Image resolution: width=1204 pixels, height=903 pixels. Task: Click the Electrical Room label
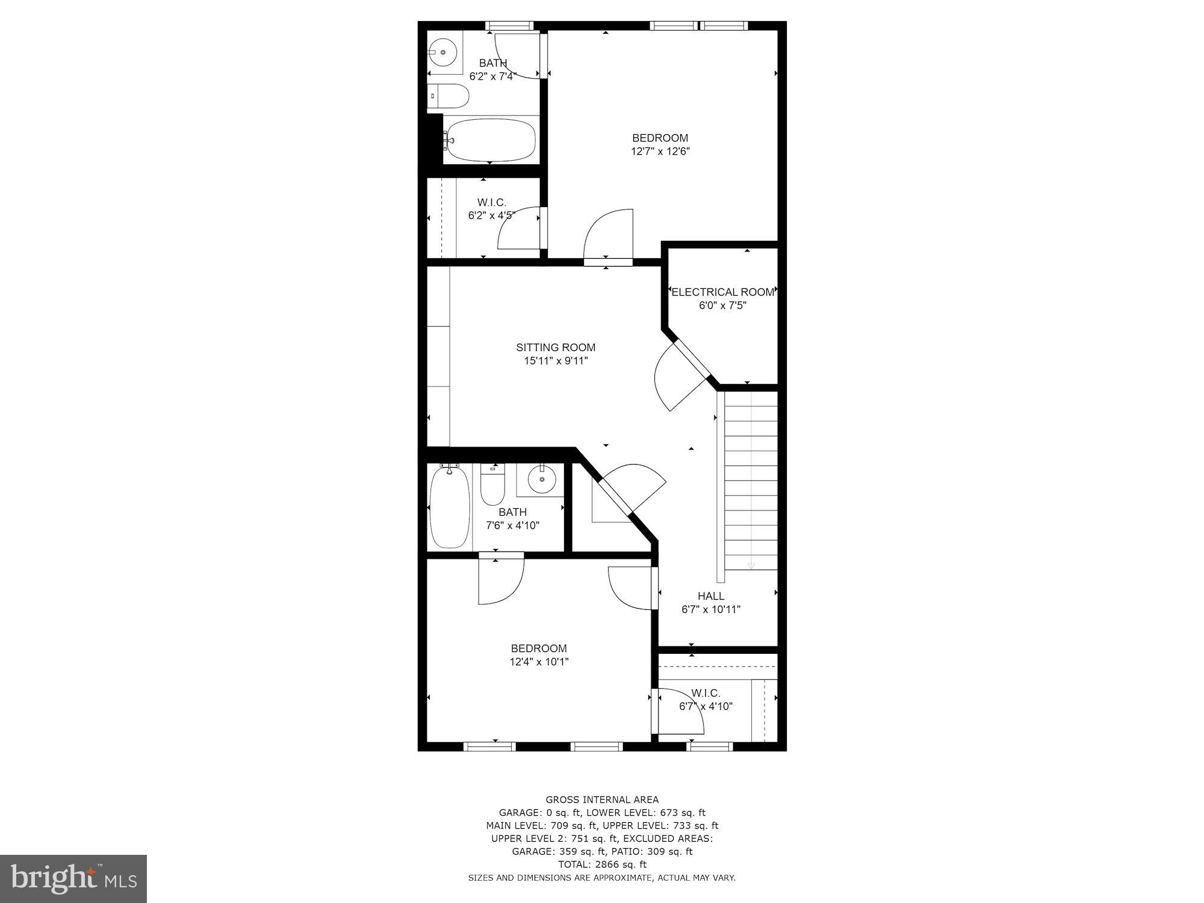[722, 292]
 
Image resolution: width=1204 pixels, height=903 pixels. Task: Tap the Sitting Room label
[556, 347]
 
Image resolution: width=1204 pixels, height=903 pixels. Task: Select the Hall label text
[711, 596]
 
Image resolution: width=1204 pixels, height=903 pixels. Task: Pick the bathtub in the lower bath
[450, 507]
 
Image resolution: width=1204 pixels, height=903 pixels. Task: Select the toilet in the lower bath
[493, 487]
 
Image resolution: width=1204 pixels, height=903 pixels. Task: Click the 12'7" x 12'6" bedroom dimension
[660, 151]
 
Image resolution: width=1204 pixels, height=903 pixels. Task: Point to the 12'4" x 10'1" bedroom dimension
[539, 662]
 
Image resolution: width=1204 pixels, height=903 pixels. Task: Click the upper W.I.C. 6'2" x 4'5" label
[492, 209]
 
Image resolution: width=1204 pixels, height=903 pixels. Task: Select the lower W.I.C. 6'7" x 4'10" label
[706, 700]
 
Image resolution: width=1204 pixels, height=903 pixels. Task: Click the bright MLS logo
[73, 878]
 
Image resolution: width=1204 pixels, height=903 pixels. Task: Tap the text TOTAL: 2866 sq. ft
[602, 864]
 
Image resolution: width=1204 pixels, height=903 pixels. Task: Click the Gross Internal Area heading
[602, 799]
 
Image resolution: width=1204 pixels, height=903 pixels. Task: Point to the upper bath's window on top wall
[509, 25]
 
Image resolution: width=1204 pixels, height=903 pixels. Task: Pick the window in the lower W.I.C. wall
[710, 746]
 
